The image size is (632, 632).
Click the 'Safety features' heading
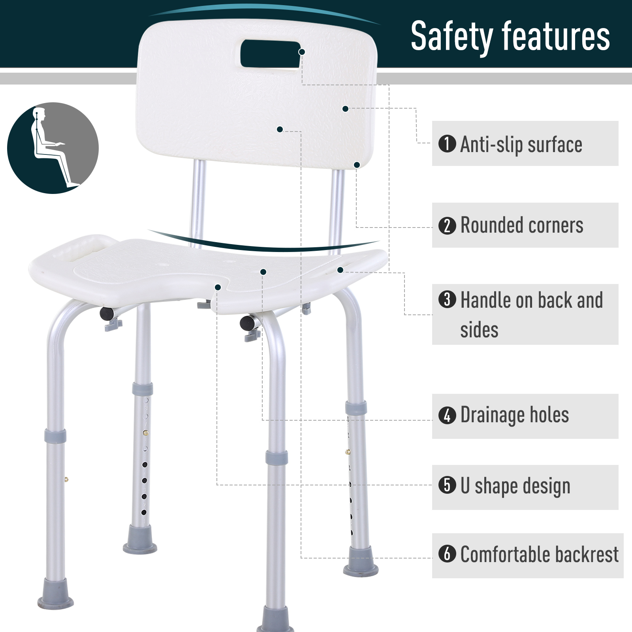pos(510,36)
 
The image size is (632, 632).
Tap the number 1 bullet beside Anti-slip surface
pos(447,144)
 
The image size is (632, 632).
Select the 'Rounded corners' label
pos(522,226)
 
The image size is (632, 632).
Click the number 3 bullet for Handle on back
pos(447,299)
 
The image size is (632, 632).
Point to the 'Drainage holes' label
pos(515,415)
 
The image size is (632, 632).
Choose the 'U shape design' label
pos(515,486)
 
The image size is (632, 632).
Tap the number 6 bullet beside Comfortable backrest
pos(447,554)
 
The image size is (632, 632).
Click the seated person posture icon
pos(53,148)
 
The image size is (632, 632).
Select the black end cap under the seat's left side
pos(106,314)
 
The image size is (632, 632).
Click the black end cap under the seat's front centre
pos(247,323)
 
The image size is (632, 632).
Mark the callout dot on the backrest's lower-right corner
pos(357,165)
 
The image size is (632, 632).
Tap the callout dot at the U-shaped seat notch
pos(218,287)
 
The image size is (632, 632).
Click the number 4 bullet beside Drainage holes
pos(447,415)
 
